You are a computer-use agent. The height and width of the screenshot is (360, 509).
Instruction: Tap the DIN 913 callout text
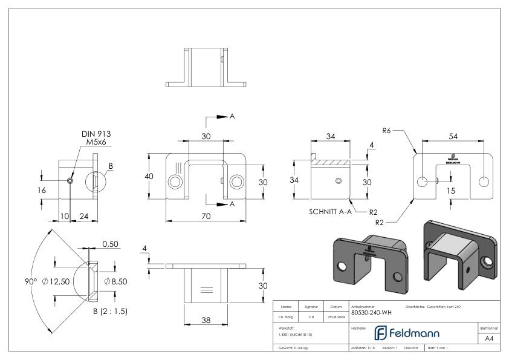[96, 134]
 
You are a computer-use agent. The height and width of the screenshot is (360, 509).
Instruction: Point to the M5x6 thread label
[96, 143]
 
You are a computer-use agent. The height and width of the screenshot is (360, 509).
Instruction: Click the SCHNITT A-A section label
[329, 212]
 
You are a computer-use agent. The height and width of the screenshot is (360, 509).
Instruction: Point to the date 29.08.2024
[336, 316]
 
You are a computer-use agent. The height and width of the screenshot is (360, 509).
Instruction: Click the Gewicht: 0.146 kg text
[293, 349]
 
